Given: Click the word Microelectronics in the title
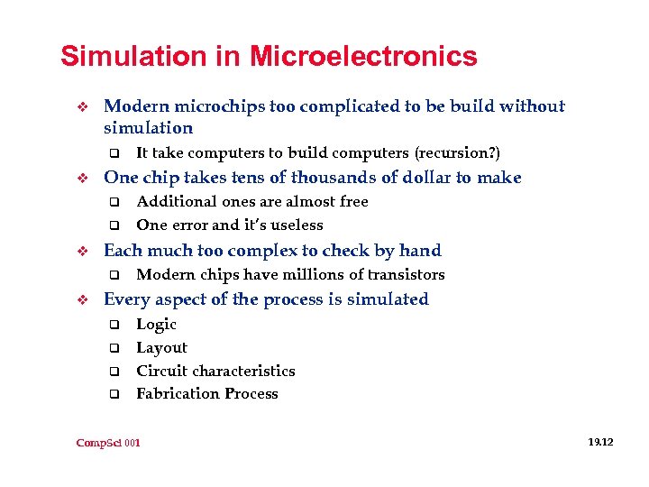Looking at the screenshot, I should (363, 57).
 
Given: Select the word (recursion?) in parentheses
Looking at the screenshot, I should (457, 153).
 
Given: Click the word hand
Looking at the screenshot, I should (421, 251).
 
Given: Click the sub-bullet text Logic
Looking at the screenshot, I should (156, 325).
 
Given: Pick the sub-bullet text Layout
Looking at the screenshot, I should (161, 348).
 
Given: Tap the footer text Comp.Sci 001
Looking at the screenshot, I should (109, 443).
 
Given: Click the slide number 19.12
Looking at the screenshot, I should (599, 442).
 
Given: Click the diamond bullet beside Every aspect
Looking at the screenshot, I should (80, 299).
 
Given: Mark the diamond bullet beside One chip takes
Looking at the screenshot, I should (80, 178).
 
